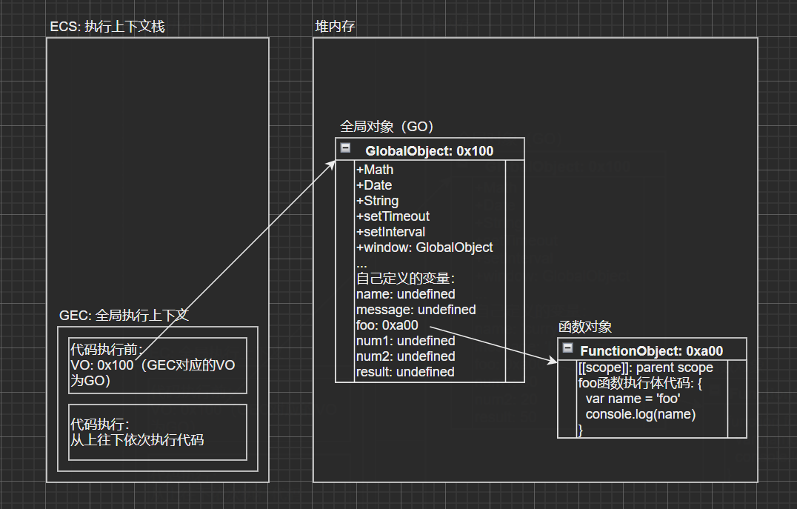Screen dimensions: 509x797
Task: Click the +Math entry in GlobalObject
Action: pyautogui.click(x=375, y=170)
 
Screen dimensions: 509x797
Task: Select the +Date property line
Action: pyautogui.click(x=374, y=185)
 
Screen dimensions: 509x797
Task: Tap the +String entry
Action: pyautogui.click(x=377, y=201)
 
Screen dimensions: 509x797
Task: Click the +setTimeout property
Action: pyautogui.click(x=393, y=216)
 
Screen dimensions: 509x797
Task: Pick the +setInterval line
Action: pyautogui.click(x=390, y=232)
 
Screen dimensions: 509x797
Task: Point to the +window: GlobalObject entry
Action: pyautogui.click(x=424, y=247)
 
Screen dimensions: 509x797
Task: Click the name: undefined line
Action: pyautogui.click(x=405, y=294)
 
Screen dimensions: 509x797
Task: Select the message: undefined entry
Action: pyautogui.click(x=416, y=310)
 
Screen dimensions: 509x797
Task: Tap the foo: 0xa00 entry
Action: pyautogui.click(x=387, y=325)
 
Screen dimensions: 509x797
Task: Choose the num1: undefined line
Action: pyautogui.click(x=405, y=341)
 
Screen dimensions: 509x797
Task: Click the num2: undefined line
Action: pyautogui.click(x=405, y=356)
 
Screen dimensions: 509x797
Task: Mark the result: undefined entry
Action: pyautogui.click(x=405, y=372)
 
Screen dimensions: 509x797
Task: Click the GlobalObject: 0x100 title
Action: pyautogui.click(x=429, y=151)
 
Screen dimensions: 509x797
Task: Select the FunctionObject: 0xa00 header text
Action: pyautogui.click(x=651, y=351)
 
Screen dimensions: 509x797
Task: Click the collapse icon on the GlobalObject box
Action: pyautogui.click(x=345, y=148)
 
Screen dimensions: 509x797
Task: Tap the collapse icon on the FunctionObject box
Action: pyautogui.click(x=568, y=348)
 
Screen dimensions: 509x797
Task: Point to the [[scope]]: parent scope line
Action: pyautogui.click(x=645, y=367)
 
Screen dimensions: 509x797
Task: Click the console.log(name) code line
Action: pyautogui.click(x=641, y=414)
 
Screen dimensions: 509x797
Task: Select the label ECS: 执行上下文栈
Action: pyautogui.click(x=107, y=27)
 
